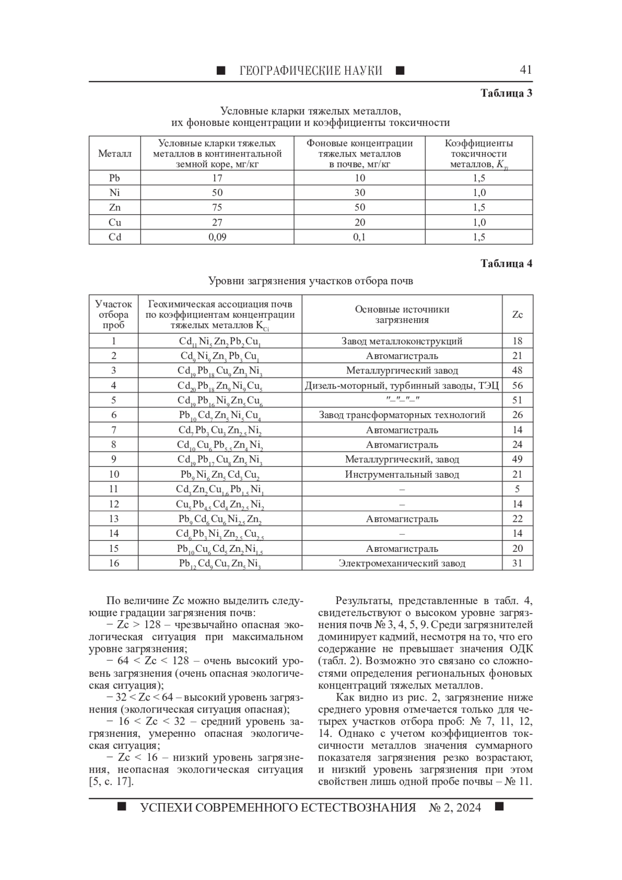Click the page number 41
pyautogui.click(x=525, y=69)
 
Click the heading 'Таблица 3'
pyautogui.click(x=506, y=93)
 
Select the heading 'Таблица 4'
pyautogui.click(x=506, y=263)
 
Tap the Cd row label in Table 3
pyautogui.click(x=115, y=237)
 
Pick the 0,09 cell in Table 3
pyautogui.click(x=217, y=237)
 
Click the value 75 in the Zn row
pyautogui.click(x=217, y=207)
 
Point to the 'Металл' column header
pyautogui.click(x=115, y=153)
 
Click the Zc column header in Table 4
pyautogui.click(x=517, y=314)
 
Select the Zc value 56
pyautogui.click(x=517, y=385)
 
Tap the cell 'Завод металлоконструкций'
pyautogui.click(x=402, y=341)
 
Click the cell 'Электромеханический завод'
pyautogui.click(x=402, y=563)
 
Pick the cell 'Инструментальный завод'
pyautogui.click(x=402, y=474)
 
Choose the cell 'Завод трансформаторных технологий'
pyautogui.click(x=402, y=415)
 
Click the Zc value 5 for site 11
pyautogui.click(x=517, y=489)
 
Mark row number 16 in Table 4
pyautogui.click(x=114, y=563)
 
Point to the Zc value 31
pyautogui.click(x=517, y=563)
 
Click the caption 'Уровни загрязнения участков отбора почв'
pyautogui.click(x=310, y=281)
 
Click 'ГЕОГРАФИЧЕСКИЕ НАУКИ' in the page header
pyautogui.click(x=310, y=71)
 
